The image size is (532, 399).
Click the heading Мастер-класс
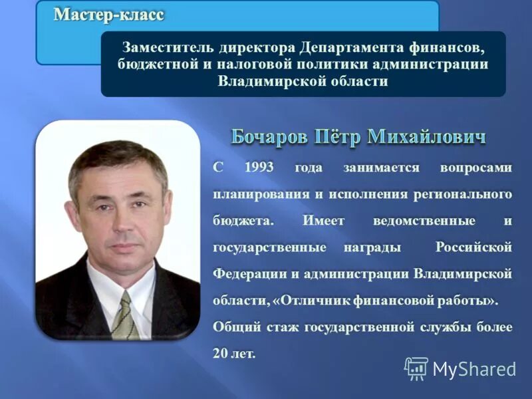tap(108, 15)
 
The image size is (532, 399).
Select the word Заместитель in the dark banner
tap(164, 49)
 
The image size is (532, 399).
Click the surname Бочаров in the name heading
tap(271, 138)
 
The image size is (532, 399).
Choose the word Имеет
tap(324, 221)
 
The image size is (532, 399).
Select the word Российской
tap(474, 247)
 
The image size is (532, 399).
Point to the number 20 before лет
tap(220, 354)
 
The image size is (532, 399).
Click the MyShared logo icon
tap(416, 368)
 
